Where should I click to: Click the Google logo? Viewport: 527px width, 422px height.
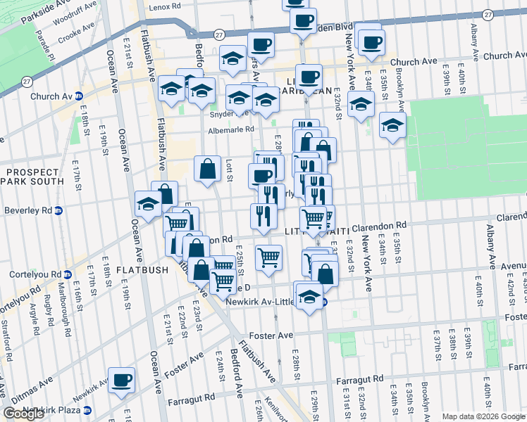pyautogui.click(x=24, y=414)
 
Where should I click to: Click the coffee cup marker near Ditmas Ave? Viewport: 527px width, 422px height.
pyautogui.click(x=122, y=380)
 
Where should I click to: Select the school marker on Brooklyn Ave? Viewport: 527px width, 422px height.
pyautogui.click(x=392, y=125)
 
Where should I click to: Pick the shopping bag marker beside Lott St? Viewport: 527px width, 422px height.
pyautogui.click(x=207, y=169)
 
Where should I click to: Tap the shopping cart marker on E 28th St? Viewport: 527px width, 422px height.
pyautogui.click(x=268, y=258)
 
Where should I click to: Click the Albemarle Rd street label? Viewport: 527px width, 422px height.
pyautogui.click(x=230, y=130)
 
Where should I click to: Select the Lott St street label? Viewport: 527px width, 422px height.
pyautogui.click(x=229, y=169)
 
